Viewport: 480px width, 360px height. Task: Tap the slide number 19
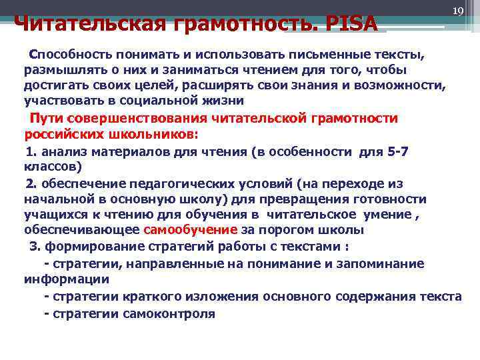click(x=457, y=11)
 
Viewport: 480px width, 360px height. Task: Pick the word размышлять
click(x=59, y=71)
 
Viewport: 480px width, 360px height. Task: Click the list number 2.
click(x=30, y=183)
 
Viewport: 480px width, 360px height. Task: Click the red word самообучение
click(x=191, y=229)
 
